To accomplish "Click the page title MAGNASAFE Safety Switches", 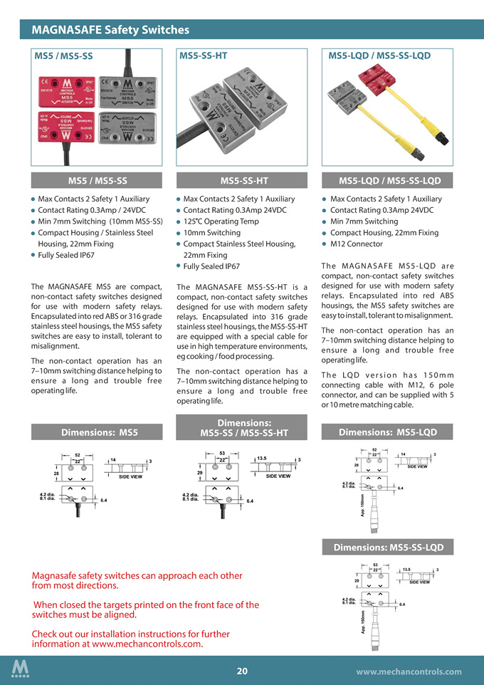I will coord(110,30).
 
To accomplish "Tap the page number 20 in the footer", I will coord(242,671).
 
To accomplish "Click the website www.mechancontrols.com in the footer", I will coord(409,671).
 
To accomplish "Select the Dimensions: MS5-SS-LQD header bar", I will coord(384,547).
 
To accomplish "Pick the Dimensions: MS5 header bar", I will coord(99,432).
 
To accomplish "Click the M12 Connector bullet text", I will coord(357,244).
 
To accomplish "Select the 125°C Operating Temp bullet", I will coord(221,221).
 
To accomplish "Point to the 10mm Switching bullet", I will coord(211,233).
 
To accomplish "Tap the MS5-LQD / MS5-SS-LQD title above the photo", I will coord(379,55).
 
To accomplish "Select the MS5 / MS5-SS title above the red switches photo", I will coord(64,56).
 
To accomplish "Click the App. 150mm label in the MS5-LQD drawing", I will coord(363,506).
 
